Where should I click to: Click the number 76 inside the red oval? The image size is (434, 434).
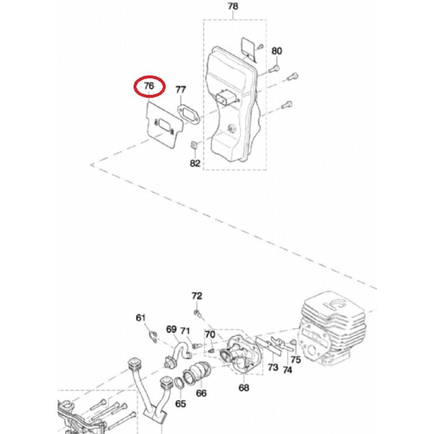pyautogui.click(x=149, y=87)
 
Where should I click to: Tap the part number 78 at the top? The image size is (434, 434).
pyautogui.click(x=232, y=7)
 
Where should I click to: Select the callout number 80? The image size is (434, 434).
pyautogui.click(x=277, y=51)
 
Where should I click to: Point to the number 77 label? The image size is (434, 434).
pyautogui.click(x=180, y=91)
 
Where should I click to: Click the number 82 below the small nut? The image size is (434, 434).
pyautogui.click(x=195, y=164)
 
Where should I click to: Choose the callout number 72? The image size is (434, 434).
pyautogui.click(x=197, y=296)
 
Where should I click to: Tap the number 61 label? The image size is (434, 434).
pyautogui.click(x=141, y=318)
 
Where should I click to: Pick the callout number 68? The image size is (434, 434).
pyautogui.click(x=244, y=388)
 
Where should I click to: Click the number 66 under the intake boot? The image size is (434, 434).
pyautogui.click(x=201, y=392)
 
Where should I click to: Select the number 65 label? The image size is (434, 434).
pyautogui.click(x=180, y=404)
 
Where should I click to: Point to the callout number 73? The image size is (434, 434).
pyautogui.click(x=273, y=368)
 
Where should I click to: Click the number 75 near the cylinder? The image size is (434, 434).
pyautogui.click(x=296, y=359)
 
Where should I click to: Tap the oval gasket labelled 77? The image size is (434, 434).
pyautogui.click(x=187, y=114)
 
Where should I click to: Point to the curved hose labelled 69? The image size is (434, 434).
pyautogui.click(x=180, y=350)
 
